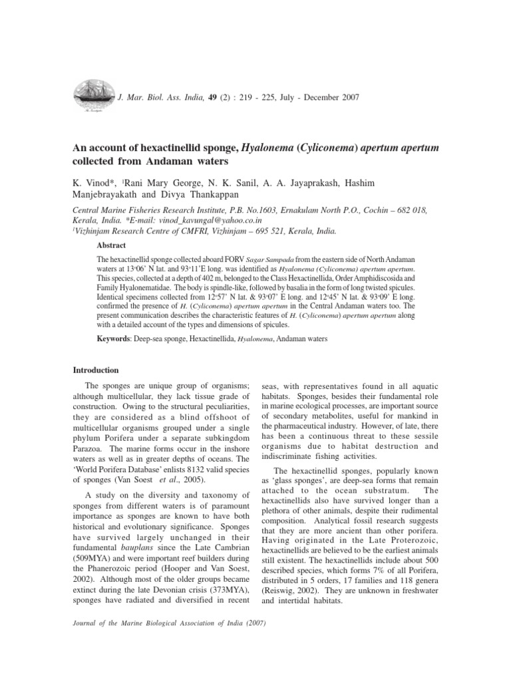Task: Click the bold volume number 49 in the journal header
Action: pos(212,98)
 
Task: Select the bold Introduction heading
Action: pos(95,370)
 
